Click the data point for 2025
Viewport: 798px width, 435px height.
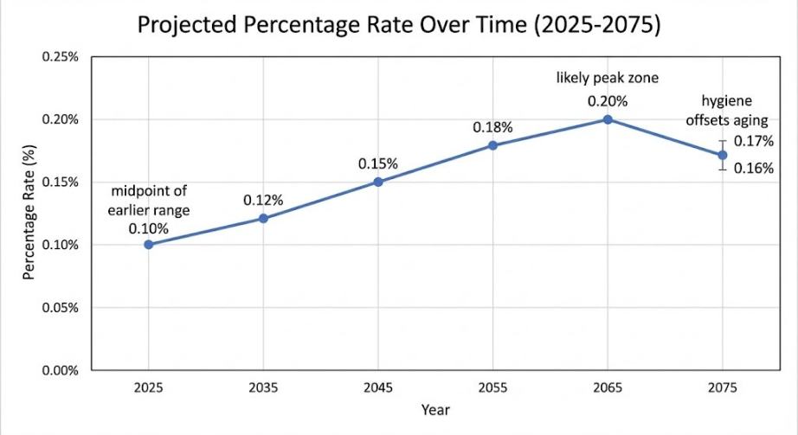pyautogui.click(x=149, y=245)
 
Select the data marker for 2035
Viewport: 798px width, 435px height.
pyautogui.click(x=263, y=219)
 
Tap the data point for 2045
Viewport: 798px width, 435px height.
pyautogui.click(x=378, y=182)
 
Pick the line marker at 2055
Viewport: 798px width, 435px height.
pyautogui.click(x=492, y=145)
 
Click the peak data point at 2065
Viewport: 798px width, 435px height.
pyautogui.click(x=608, y=119)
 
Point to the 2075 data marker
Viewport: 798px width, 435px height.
pyautogui.click(x=722, y=155)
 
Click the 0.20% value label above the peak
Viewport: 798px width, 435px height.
pyautogui.click(x=608, y=100)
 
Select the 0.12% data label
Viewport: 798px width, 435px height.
pyautogui.click(x=263, y=200)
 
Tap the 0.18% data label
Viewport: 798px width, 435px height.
pyautogui.click(x=492, y=127)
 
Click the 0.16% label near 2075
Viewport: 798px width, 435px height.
pyautogui.click(x=754, y=169)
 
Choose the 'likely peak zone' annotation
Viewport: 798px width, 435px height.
pyautogui.click(x=608, y=79)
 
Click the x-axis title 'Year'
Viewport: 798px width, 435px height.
pyautogui.click(x=435, y=409)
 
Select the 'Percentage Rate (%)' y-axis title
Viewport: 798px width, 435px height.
pyautogui.click(x=29, y=214)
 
